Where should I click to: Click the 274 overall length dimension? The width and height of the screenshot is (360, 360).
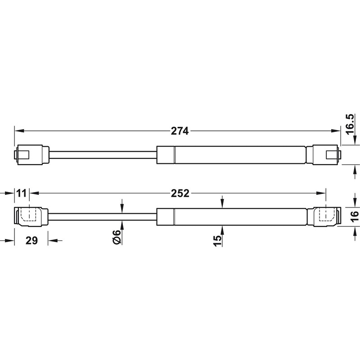[179, 131]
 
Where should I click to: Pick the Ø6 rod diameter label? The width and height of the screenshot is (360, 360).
[116, 237]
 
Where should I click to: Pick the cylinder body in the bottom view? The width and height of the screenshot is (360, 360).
[232, 216]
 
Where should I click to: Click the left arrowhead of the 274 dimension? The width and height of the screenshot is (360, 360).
[18, 131]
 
